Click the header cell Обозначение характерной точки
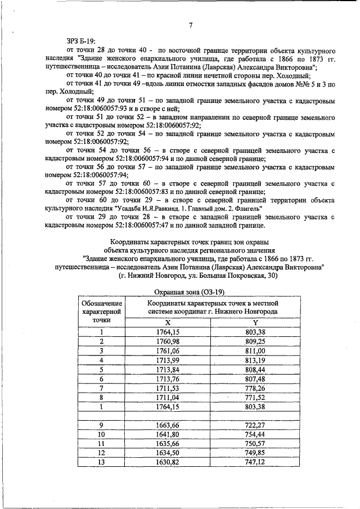102,311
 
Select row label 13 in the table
102,461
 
